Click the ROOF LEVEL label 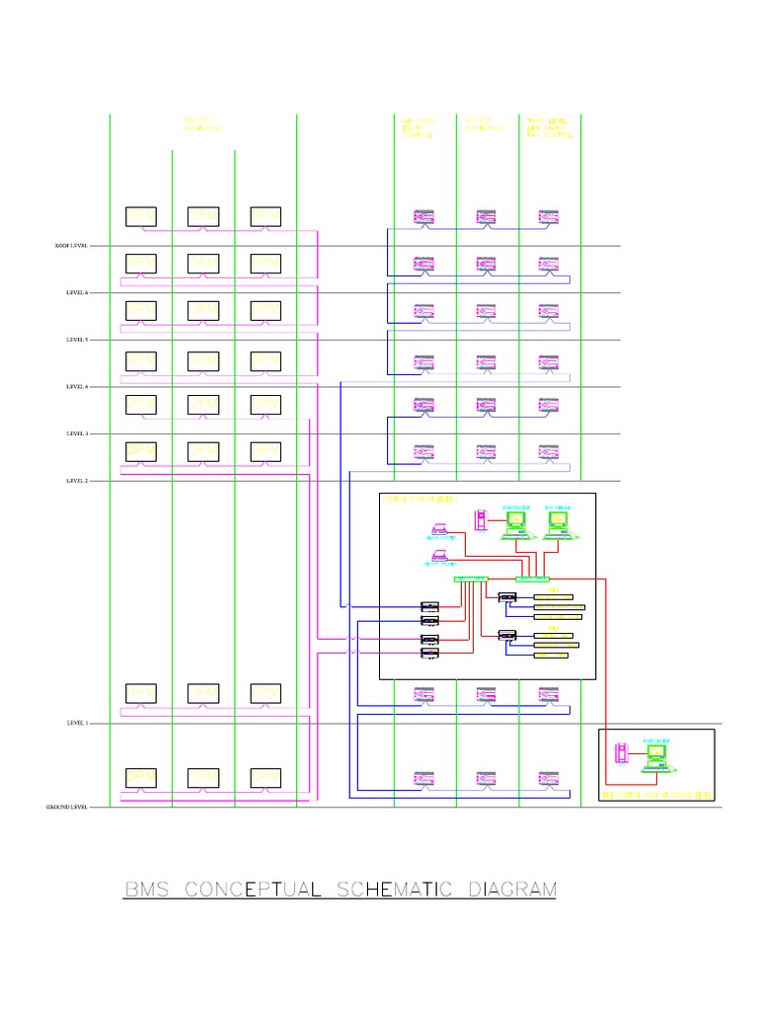(x=70, y=246)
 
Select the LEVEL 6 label (x=77, y=293)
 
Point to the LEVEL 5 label (x=77, y=340)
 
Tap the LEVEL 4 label (x=77, y=387)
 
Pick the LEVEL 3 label (x=77, y=433)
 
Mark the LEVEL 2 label (x=77, y=481)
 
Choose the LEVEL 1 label (x=77, y=724)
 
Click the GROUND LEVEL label (x=67, y=808)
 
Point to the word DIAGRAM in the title (x=510, y=890)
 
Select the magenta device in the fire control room (x=622, y=755)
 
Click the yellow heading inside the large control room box (x=415, y=500)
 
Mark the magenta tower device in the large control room (x=481, y=519)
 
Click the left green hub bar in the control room (x=471, y=579)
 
